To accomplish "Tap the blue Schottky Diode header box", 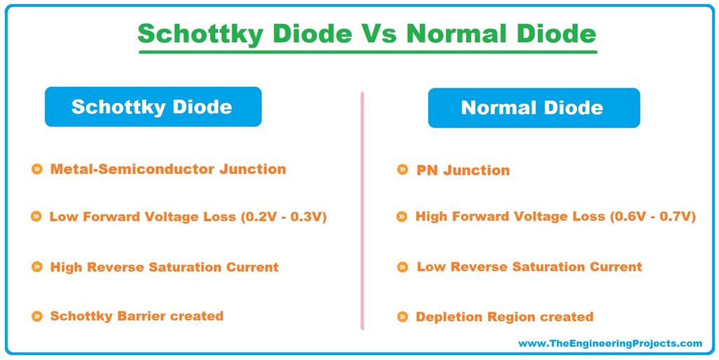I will tap(152, 107).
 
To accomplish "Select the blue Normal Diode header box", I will tap(533, 107).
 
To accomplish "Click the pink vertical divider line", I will tap(362, 211).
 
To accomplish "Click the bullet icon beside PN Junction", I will tap(402, 170).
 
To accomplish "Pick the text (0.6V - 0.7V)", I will tap(652, 217).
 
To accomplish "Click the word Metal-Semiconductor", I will tap(119, 169).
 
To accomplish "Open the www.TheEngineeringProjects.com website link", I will tap(609, 343).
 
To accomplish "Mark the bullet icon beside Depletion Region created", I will tap(402, 317).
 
